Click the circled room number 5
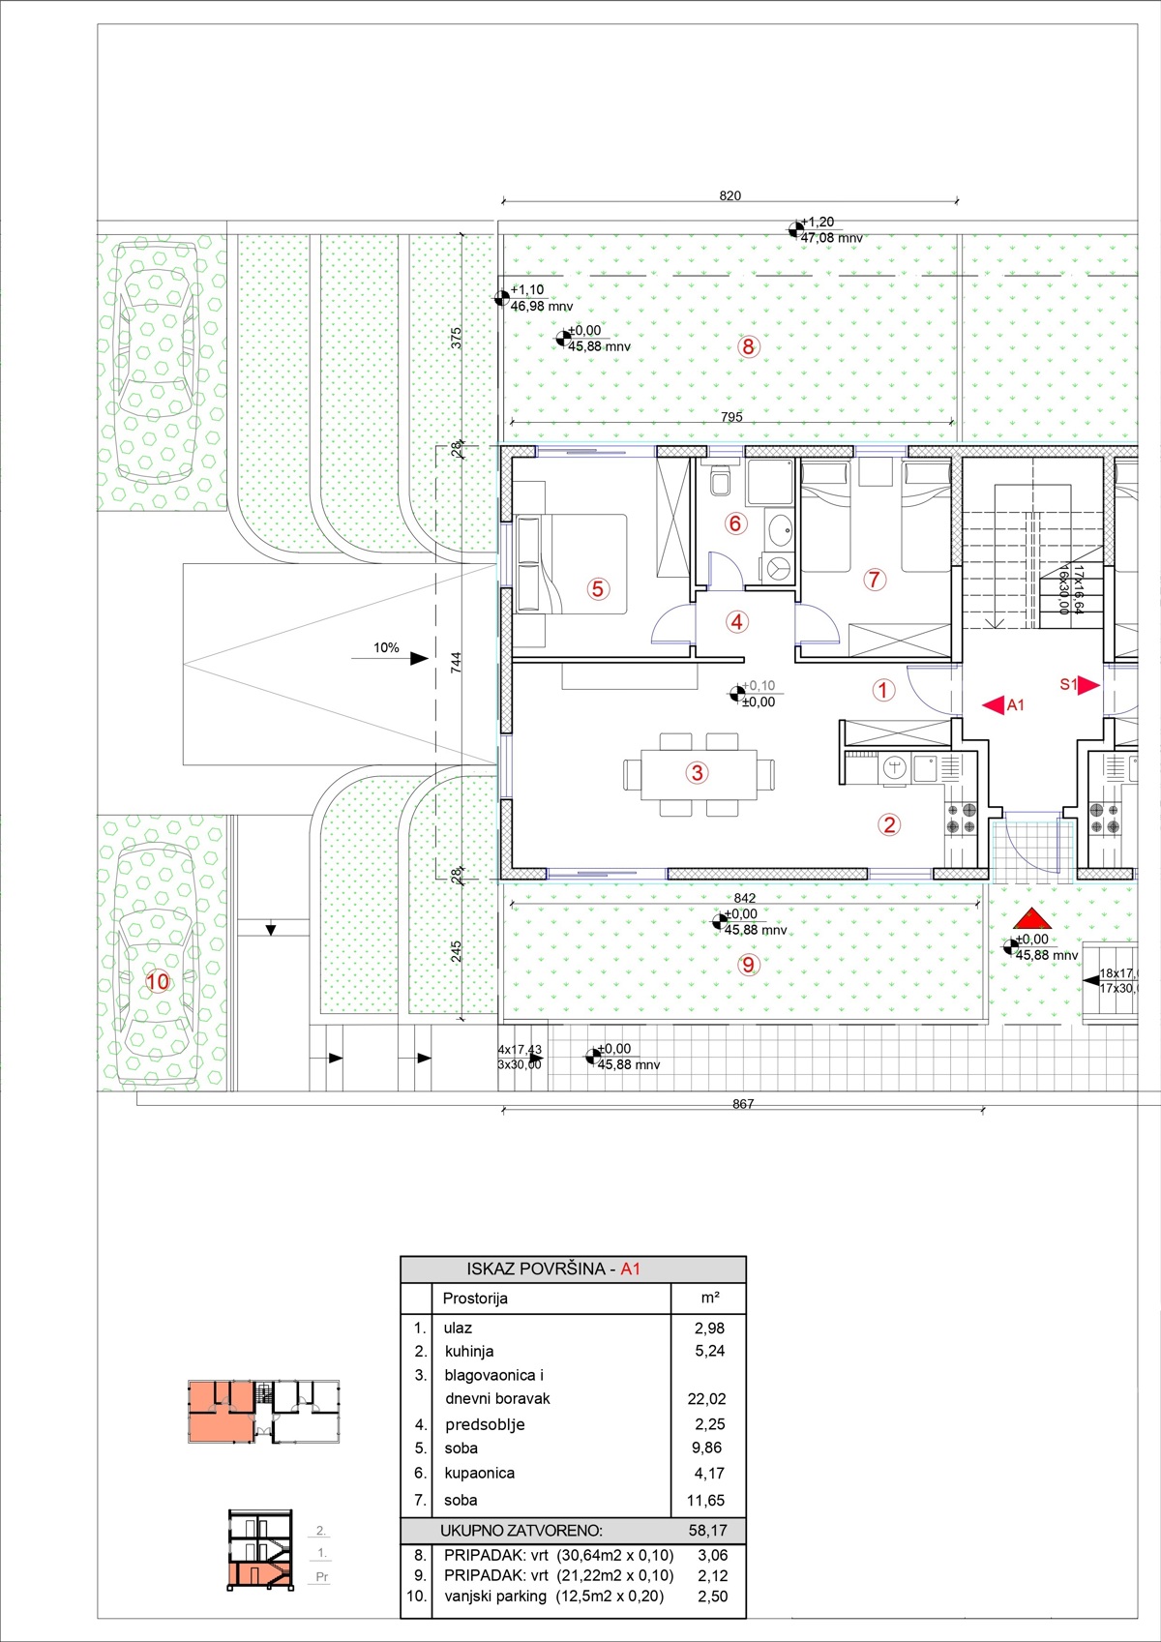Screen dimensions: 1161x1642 coord(597,588)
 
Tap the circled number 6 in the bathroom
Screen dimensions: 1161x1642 coord(735,523)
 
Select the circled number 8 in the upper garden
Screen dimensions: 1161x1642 coord(748,346)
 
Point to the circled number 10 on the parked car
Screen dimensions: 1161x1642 coord(158,981)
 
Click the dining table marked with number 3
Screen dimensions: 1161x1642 coord(699,773)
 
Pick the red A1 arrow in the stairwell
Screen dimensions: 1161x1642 coord(994,705)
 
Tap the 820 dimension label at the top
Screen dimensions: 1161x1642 coord(730,195)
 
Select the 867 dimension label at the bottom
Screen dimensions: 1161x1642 coord(742,1104)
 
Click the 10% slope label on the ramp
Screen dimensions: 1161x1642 coord(386,647)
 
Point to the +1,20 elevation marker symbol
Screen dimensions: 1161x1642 coord(795,230)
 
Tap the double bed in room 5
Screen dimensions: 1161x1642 coord(572,564)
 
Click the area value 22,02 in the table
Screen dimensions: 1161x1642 coord(706,1398)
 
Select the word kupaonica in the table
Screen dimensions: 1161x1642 coord(479,1473)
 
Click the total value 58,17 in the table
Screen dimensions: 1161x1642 coord(708,1531)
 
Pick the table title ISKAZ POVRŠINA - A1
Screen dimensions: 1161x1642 coord(553,1269)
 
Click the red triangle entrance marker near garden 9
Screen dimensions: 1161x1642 coord(1032,918)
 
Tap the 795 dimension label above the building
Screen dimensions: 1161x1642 coord(731,417)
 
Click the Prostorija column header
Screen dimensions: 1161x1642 coord(475,1299)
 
